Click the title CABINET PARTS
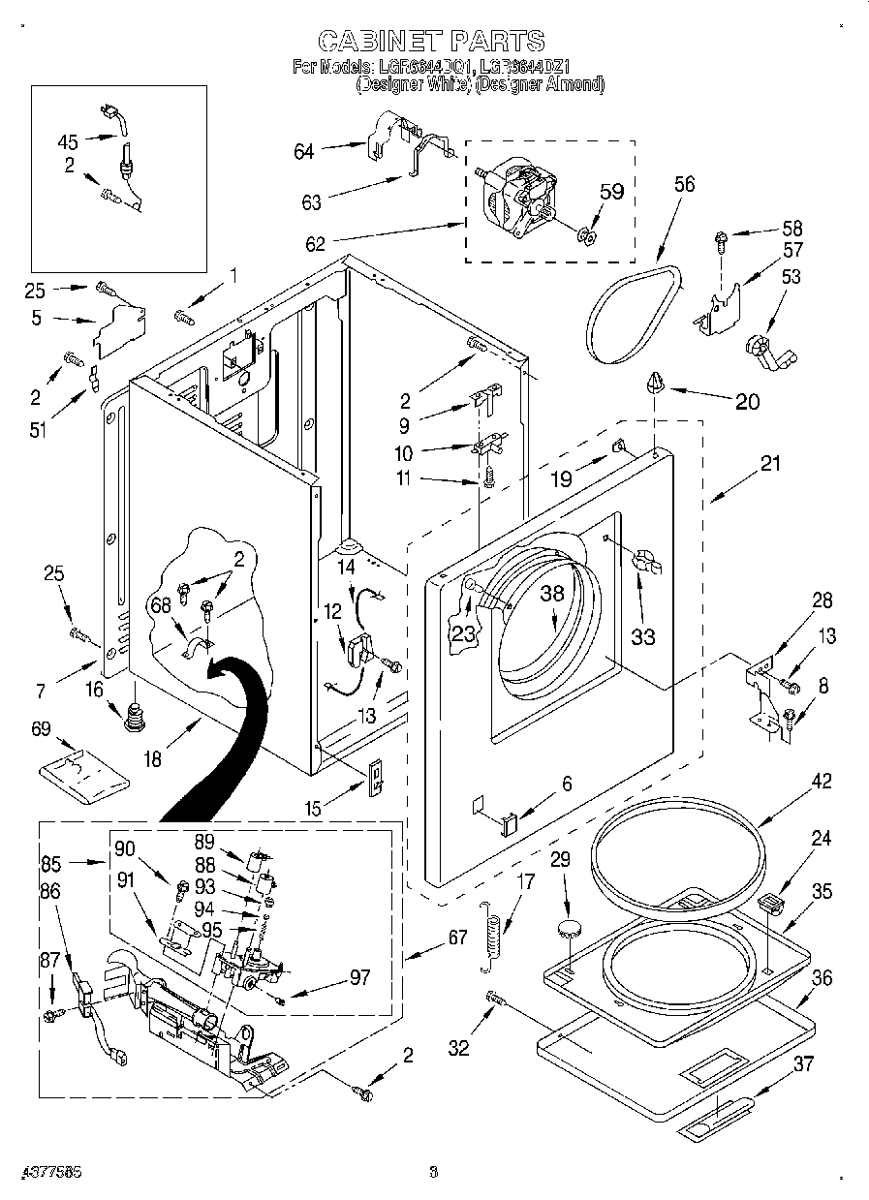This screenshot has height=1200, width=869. tap(431, 40)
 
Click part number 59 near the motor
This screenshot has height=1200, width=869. tap(610, 193)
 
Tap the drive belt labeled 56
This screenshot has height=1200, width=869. tap(630, 310)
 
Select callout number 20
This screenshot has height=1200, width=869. tap(747, 402)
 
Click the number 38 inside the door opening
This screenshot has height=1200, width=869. tap(551, 596)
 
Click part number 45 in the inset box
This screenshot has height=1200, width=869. tap(68, 140)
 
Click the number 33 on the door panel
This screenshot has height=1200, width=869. tap(643, 636)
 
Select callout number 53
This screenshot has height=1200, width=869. tap(791, 278)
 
